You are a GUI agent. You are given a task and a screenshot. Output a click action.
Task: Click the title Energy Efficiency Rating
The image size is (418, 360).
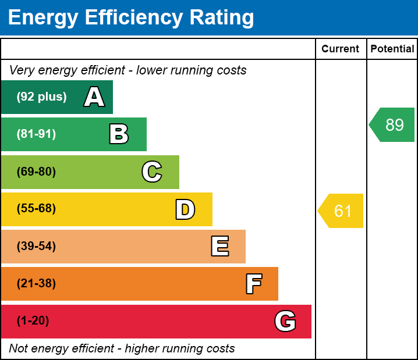pos(131,17)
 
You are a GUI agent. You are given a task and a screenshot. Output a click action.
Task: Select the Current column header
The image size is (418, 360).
pos(341,49)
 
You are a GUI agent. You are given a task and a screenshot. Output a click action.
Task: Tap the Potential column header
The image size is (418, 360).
pos(392,49)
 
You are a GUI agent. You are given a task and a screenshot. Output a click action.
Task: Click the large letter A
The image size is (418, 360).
pos(94,97)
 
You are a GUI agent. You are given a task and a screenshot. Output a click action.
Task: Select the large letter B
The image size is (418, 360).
pos(119,134)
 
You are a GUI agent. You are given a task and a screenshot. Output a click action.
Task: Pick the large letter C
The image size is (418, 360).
pos(152,172)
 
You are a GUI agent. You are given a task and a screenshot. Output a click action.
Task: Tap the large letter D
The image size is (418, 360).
pos(185,209)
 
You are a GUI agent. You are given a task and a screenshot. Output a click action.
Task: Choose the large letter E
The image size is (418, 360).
pos(219,247)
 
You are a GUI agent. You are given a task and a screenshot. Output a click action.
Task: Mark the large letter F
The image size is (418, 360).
pos(253,284)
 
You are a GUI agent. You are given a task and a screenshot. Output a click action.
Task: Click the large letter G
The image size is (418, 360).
pos(285,321)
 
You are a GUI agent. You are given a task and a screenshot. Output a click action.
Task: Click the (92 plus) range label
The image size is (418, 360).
pos(41,97)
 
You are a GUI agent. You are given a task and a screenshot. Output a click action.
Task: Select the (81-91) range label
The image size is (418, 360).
pos(36,134)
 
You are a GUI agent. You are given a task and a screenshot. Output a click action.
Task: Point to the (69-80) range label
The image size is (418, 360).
pos(36,172)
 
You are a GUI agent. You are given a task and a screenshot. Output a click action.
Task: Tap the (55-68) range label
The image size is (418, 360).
pos(36,209)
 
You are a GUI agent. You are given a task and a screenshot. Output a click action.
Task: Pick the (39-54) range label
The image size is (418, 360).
pos(36,247)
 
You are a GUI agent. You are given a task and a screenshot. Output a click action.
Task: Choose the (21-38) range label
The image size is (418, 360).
pos(36,284)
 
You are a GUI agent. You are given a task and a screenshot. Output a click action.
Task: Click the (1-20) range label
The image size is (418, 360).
pos(33,321)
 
